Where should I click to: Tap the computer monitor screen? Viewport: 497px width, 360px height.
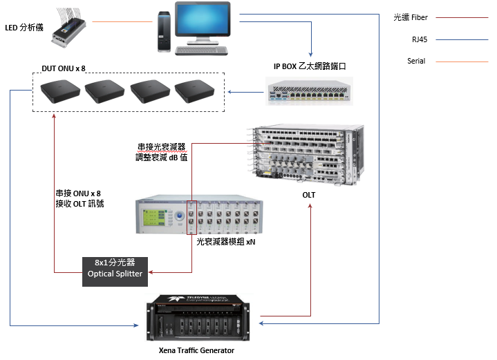pyautogui.click(x=202, y=20)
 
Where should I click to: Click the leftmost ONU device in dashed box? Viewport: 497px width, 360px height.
pyautogui.click(x=60, y=91)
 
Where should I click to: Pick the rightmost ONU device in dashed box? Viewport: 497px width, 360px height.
pyautogui.click(x=196, y=92)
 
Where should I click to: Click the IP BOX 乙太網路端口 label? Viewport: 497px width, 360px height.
pyautogui.click(x=308, y=66)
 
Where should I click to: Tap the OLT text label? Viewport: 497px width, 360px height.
pyautogui.click(x=308, y=195)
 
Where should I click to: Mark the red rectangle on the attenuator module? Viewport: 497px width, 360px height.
pyautogui.click(x=192, y=218)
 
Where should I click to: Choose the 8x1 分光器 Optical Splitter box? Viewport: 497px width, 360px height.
pyautogui.click(x=114, y=268)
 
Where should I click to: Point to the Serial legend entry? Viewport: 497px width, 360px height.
pyautogui.click(x=416, y=61)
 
